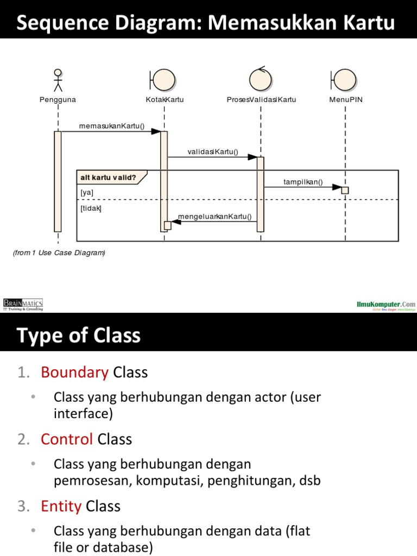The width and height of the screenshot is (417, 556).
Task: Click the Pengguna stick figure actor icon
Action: pos(58,80)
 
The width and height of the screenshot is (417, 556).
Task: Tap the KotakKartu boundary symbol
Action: pos(162,80)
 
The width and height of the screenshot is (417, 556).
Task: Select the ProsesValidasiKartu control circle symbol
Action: pos(261,79)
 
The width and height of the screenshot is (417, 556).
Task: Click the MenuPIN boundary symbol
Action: pos(344,80)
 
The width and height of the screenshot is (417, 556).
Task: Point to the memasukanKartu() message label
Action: pos(112,127)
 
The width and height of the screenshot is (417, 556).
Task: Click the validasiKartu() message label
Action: pos(213,151)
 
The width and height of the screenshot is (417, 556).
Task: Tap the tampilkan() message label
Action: pos(303,182)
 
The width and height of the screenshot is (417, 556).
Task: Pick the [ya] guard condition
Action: pos(87,192)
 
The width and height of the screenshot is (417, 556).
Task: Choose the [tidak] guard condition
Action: pos(91,208)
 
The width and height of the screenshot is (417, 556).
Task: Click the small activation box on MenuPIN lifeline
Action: pos(345,190)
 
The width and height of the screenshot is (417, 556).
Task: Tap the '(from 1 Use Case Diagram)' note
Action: pos(59,252)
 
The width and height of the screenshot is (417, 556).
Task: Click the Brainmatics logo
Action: pos(23,305)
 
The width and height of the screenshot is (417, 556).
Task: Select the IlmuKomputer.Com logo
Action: pos(386,306)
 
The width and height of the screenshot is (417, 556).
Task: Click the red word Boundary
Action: pos(74,372)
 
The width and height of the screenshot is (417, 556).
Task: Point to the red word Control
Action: pos(67,439)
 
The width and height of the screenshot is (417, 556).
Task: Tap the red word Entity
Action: pos(61,506)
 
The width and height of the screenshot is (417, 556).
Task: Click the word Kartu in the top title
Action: pos(371,23)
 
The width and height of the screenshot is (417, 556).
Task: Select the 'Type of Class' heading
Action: pos(79,336)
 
